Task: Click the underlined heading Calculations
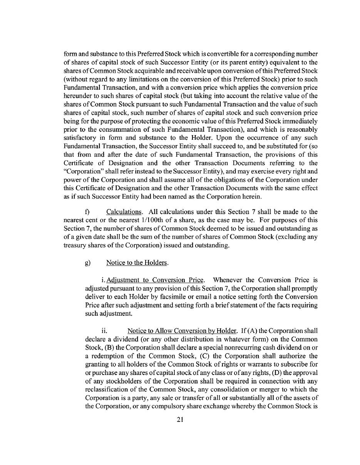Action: [124, 212]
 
